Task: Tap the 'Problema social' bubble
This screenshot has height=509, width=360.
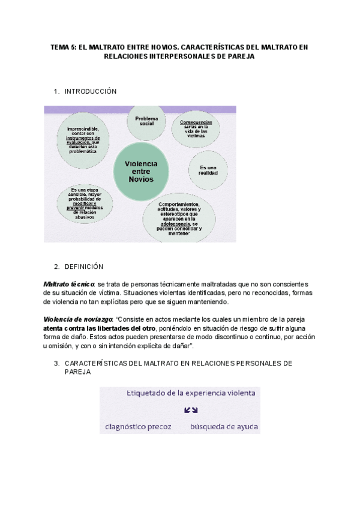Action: (146, 122)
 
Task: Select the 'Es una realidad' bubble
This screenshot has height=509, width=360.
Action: (208, 170)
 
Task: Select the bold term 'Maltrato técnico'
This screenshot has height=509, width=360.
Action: (68, 283)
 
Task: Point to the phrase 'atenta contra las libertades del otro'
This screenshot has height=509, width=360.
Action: (99, 328)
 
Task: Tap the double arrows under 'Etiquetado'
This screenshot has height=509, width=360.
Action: (191, 411)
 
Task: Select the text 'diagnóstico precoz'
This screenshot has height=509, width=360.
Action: (138, 427)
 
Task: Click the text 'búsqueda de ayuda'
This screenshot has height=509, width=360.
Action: (224, 427)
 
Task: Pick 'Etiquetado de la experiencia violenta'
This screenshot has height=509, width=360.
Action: (191, 394)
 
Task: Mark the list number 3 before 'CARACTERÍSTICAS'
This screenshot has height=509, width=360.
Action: (56, 364)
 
